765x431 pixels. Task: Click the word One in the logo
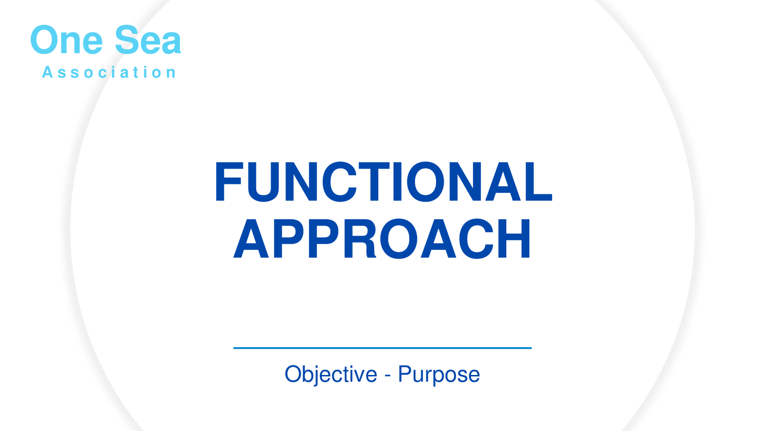(66, 40)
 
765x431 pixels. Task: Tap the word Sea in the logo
(148, 40)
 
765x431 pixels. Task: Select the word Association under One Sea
(109, 72)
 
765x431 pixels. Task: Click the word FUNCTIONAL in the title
(383, 181)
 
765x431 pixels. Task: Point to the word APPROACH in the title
(382, 238)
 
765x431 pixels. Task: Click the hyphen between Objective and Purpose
(388, 376)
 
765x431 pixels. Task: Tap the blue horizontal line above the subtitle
(382, 348)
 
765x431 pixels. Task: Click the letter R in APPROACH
(360, 238)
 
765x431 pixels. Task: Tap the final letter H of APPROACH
(514, 238)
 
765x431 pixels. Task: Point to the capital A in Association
(47, 72)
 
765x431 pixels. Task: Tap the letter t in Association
(136, 72)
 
